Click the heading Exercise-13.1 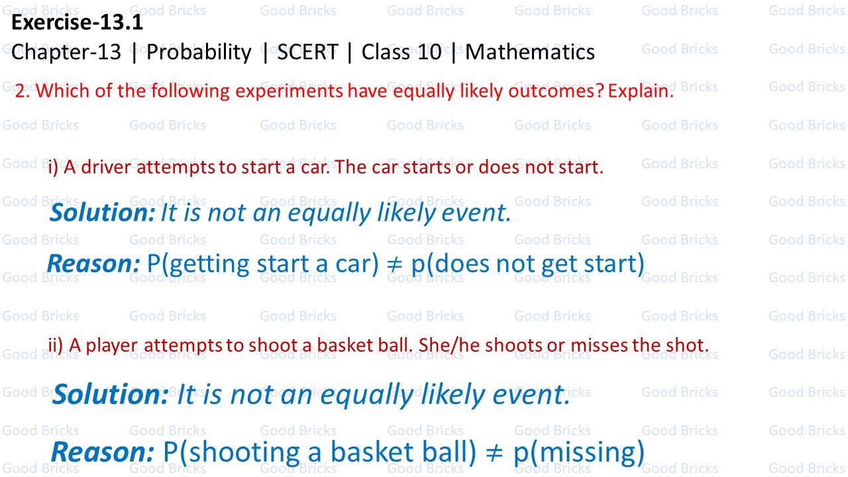pyautogui.click(x=77, y=23)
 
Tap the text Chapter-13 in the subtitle pyautogui.click(x=66, y=52)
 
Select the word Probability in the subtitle pyautogui.click(x=199, y=52)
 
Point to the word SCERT pyautogui.click(x=307, y=52)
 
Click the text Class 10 pyautogui.click(x=401, y=52)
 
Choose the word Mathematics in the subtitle pyautogui.click(x=530, y=52)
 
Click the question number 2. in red pyautogui.click(x=23, y=91)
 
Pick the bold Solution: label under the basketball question pyautogui.click(x=111, y=394)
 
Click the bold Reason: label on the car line pyautogui.click(x=93, y=264)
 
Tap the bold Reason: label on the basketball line pyautogui.click(x=103, y=452)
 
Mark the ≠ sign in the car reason pyautogui.click(x=395, y=264)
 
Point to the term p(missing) pyautogui.click(x=578, y=452)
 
